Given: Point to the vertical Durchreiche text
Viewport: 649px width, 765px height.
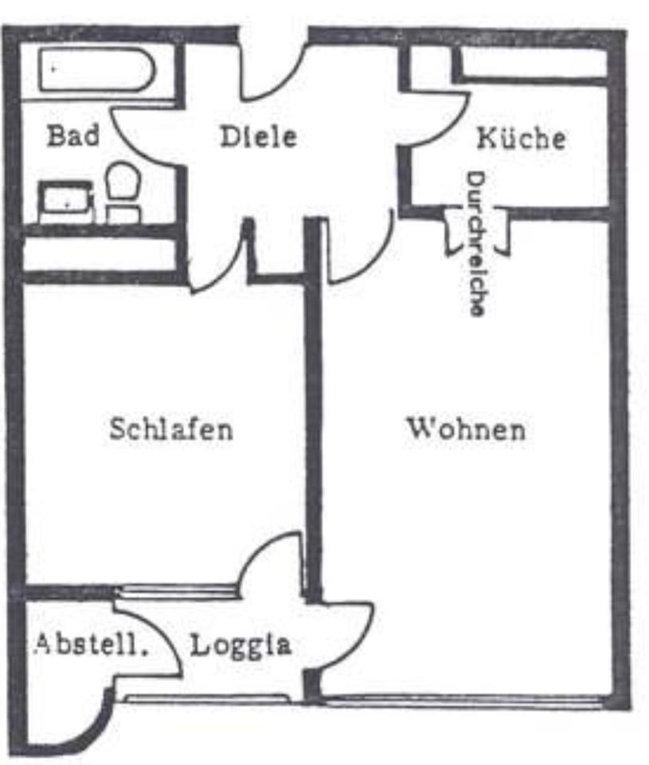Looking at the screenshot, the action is [477, 244].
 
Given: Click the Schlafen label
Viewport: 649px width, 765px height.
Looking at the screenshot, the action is [171, 430].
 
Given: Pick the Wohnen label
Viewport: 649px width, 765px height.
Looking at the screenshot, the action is [466, 430].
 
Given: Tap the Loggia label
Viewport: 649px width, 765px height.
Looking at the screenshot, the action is [240, 644].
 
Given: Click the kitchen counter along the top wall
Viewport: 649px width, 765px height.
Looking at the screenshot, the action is [534, 63].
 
